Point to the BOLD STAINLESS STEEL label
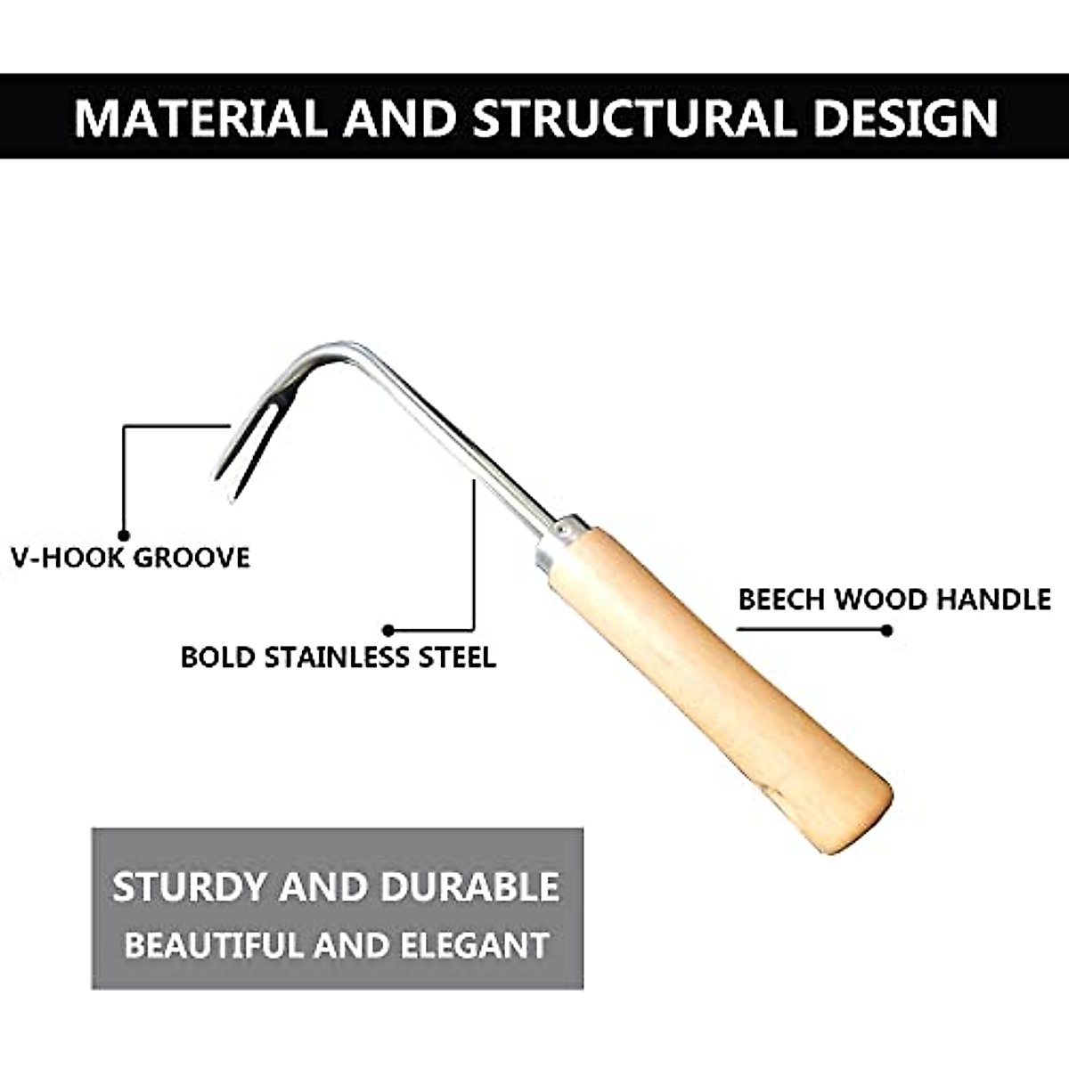[x=338, y=657]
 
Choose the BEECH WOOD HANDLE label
[x=894, y=599]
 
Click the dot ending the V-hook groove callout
[x=124, y=528]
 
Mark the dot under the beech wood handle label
[x=885, y=630]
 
